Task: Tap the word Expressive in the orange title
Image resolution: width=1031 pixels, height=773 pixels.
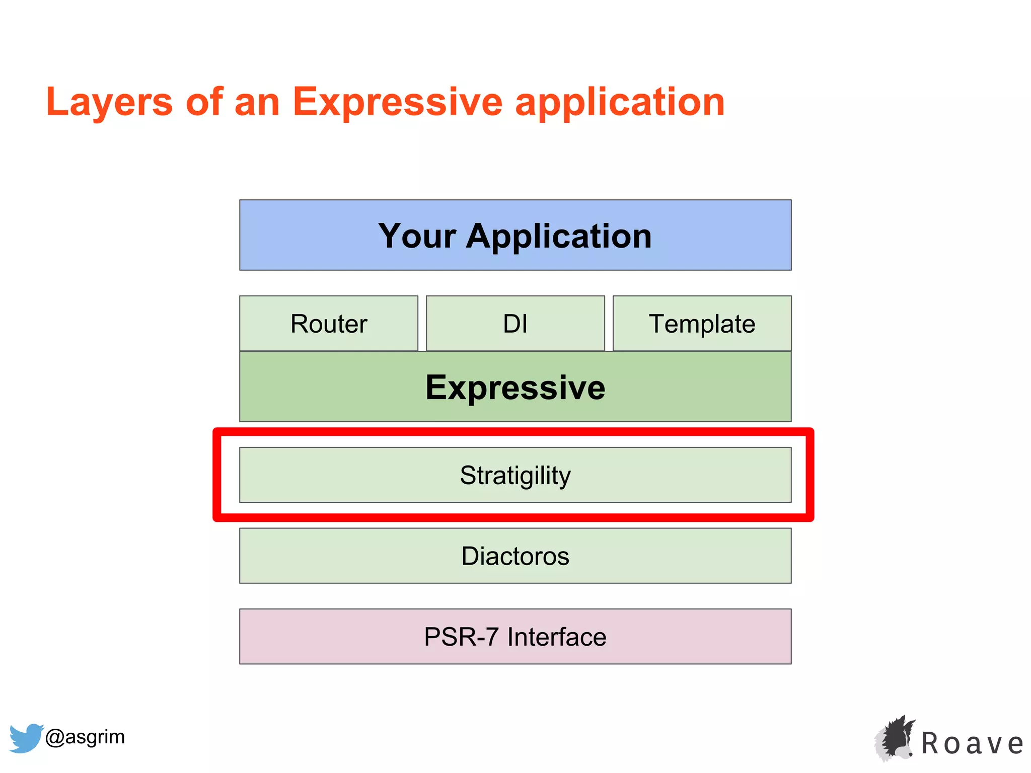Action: click(x=397, y=102)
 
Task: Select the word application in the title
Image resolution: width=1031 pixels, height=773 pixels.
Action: click(x=620, y=102)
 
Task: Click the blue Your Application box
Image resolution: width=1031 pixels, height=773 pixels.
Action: click(x=515, y=235)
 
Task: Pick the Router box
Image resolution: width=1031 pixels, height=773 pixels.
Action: click(x=329, y=324)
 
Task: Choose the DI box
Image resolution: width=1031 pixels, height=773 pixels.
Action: click(x=515, y=324)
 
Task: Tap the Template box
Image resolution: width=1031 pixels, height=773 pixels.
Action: click(x=702, y=324)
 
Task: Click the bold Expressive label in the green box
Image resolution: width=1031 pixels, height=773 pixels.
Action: click(x=515, y=388)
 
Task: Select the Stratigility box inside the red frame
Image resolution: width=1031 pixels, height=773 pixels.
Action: click(x=515, y=475)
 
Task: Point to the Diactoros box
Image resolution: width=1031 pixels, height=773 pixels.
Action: click(x=515, y=556)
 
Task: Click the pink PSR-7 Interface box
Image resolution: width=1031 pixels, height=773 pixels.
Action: click(x=515, y=637)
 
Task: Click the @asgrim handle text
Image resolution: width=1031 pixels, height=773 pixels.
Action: click(x=85, y=737)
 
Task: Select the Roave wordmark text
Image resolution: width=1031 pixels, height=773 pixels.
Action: click(x=972, y=743)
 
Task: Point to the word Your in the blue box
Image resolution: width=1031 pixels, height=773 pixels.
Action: click(x=417, y=236)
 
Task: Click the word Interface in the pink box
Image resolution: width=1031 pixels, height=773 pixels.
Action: click(x=557, y=637)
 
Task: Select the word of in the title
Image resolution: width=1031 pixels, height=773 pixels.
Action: click(x=204, y=102)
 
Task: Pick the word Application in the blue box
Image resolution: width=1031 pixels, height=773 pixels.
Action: click(x=559, y=236)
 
